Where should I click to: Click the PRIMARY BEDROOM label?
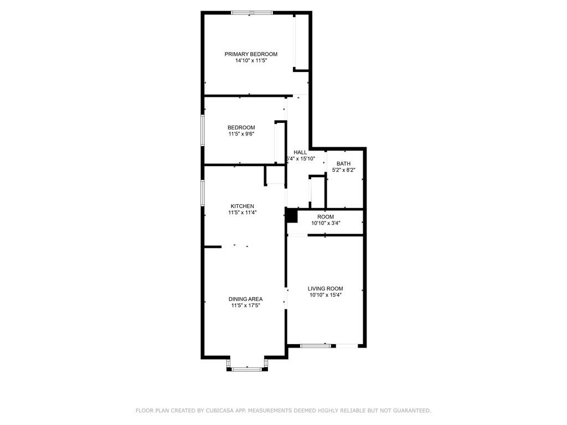(251, 54)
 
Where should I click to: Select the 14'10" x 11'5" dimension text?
(251, 61)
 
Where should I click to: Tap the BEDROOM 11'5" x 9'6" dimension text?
(241, 134)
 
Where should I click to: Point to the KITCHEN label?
(243, 206)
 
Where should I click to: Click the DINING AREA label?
(245, 299)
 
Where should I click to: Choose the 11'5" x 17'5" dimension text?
(245, 305)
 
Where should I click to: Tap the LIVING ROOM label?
(326, 289)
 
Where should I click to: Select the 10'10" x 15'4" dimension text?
(326, 296)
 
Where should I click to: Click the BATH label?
(343, 164)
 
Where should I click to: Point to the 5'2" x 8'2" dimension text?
(343, 170)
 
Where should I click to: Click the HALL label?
(300, 153)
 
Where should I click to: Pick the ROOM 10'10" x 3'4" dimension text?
(326, 224)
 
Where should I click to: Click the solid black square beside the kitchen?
(291, 216)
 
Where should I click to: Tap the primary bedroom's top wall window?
(252, 13)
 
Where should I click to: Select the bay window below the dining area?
(248, 369)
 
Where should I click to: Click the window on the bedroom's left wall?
(203, 131)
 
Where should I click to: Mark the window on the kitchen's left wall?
(203, 193)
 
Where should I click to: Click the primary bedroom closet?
(301, 43)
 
